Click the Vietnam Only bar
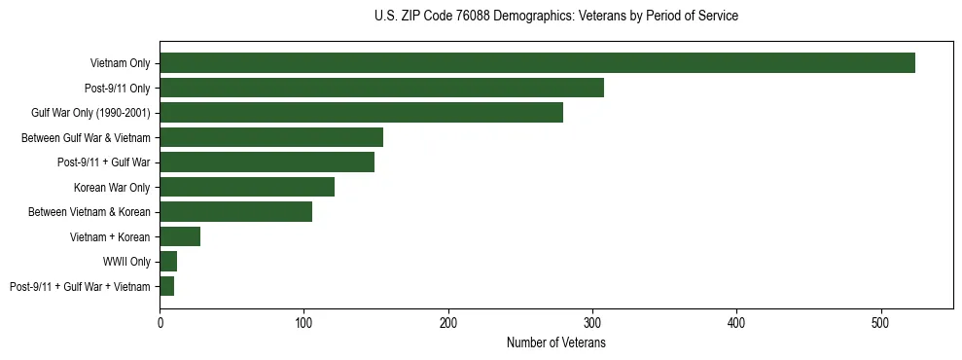pos(537,63)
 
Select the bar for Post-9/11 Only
pos(381,89)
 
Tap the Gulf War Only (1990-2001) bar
pos(361,113)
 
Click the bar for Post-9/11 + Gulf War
pos(267,162)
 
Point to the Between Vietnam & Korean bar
pos(235,212)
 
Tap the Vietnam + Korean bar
pos(180,236)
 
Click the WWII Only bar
pos(168,262)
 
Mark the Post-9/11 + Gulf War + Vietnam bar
pos(166,286)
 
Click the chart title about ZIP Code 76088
pos(555,17)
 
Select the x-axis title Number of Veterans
pos(555,342)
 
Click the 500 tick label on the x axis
pos(881,321)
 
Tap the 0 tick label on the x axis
pos(160,321)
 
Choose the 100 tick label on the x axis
pos(303,321)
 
